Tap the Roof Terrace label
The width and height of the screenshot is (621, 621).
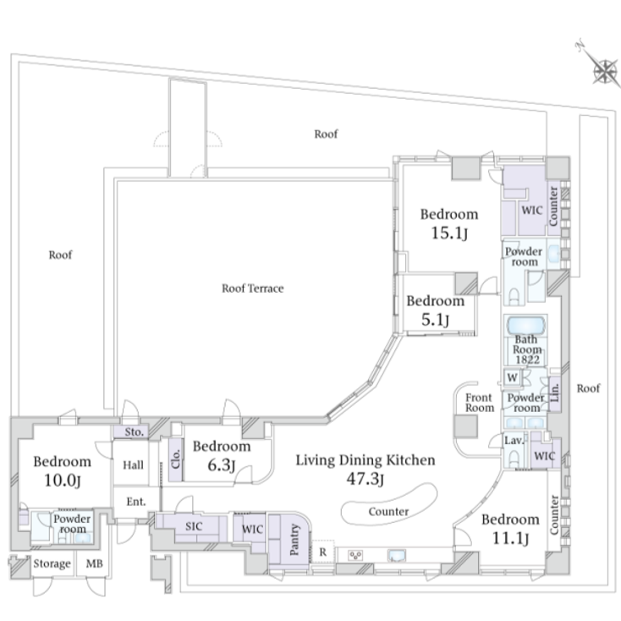pos(252,289)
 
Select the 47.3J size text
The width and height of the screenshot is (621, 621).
pos(365,481)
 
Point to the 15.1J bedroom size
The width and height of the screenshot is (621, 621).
pos(449,234)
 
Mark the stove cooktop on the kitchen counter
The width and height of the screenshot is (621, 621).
pos(356,556)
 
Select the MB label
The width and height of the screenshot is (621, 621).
pos(91,563)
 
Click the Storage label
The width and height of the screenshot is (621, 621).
pos(52,563)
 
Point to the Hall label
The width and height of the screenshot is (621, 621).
pos(133,464)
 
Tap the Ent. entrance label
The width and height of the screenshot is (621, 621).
pos(136,501)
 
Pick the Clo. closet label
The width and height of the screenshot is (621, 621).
pos(176,460)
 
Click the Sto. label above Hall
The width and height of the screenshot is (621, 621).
pos(133,432)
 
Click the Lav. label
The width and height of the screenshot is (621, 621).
pos(514,441)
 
